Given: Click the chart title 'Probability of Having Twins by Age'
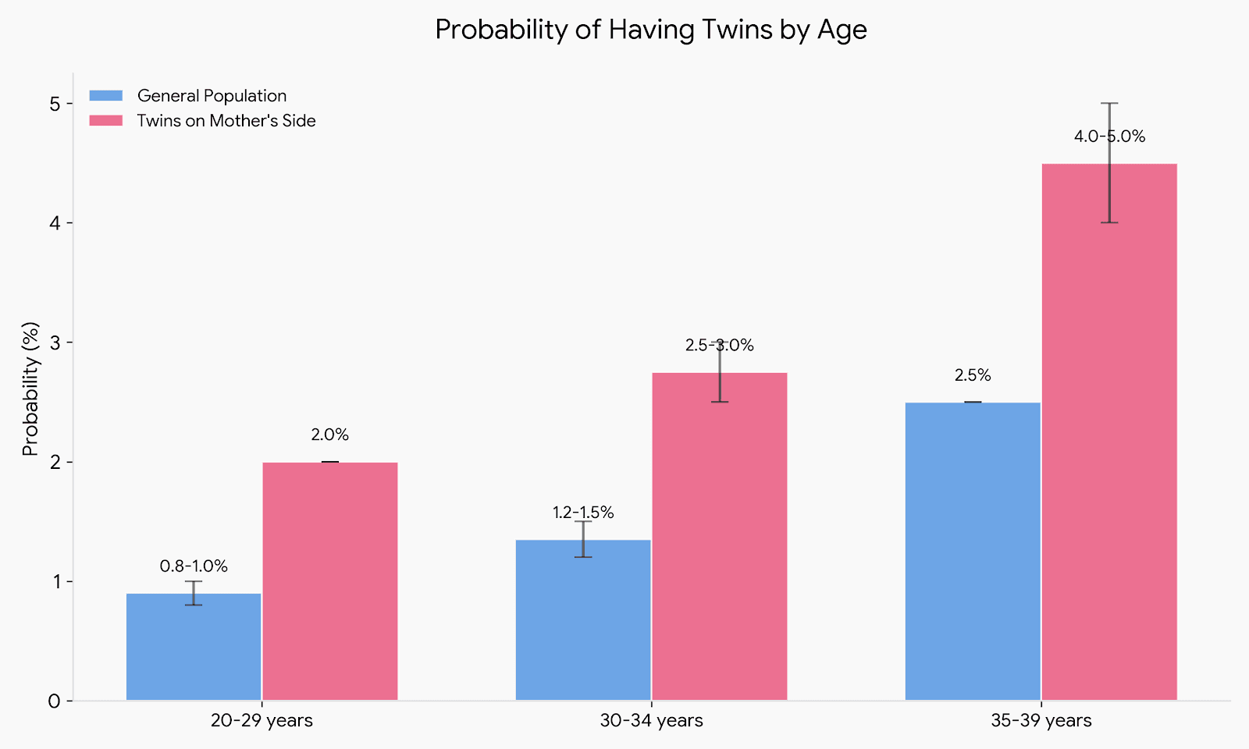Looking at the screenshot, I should [x=650, y=30].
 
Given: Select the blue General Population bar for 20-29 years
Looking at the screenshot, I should [x=194, y=648].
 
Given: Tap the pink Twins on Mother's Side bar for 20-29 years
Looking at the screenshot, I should [x=329, y=581].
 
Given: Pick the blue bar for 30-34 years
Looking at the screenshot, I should [x=582, y=620].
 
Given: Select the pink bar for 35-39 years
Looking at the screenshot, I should [x=1108, y=432].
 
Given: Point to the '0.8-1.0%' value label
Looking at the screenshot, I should [x=194, y=566].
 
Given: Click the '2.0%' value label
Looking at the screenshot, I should [x=329, y=435].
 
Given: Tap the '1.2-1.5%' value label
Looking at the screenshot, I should [x=582, y=513].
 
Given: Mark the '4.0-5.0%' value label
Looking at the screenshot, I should [x=1108, y=137].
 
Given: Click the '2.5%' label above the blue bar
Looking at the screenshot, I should [x=972, y=375].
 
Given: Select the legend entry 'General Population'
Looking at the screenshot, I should [x=212, y=96].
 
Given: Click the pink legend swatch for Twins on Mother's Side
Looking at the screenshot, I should [x=106, y=121].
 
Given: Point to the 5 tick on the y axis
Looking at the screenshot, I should [x=54, y=104].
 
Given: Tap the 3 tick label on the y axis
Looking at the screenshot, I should [x=54, y=343].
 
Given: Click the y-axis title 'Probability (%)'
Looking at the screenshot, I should [x=30, y=388].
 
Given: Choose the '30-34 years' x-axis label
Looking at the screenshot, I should [x=651, y=721].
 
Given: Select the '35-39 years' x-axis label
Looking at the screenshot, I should [x=1041, y=721].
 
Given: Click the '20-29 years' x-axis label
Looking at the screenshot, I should [x=262, y=721].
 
